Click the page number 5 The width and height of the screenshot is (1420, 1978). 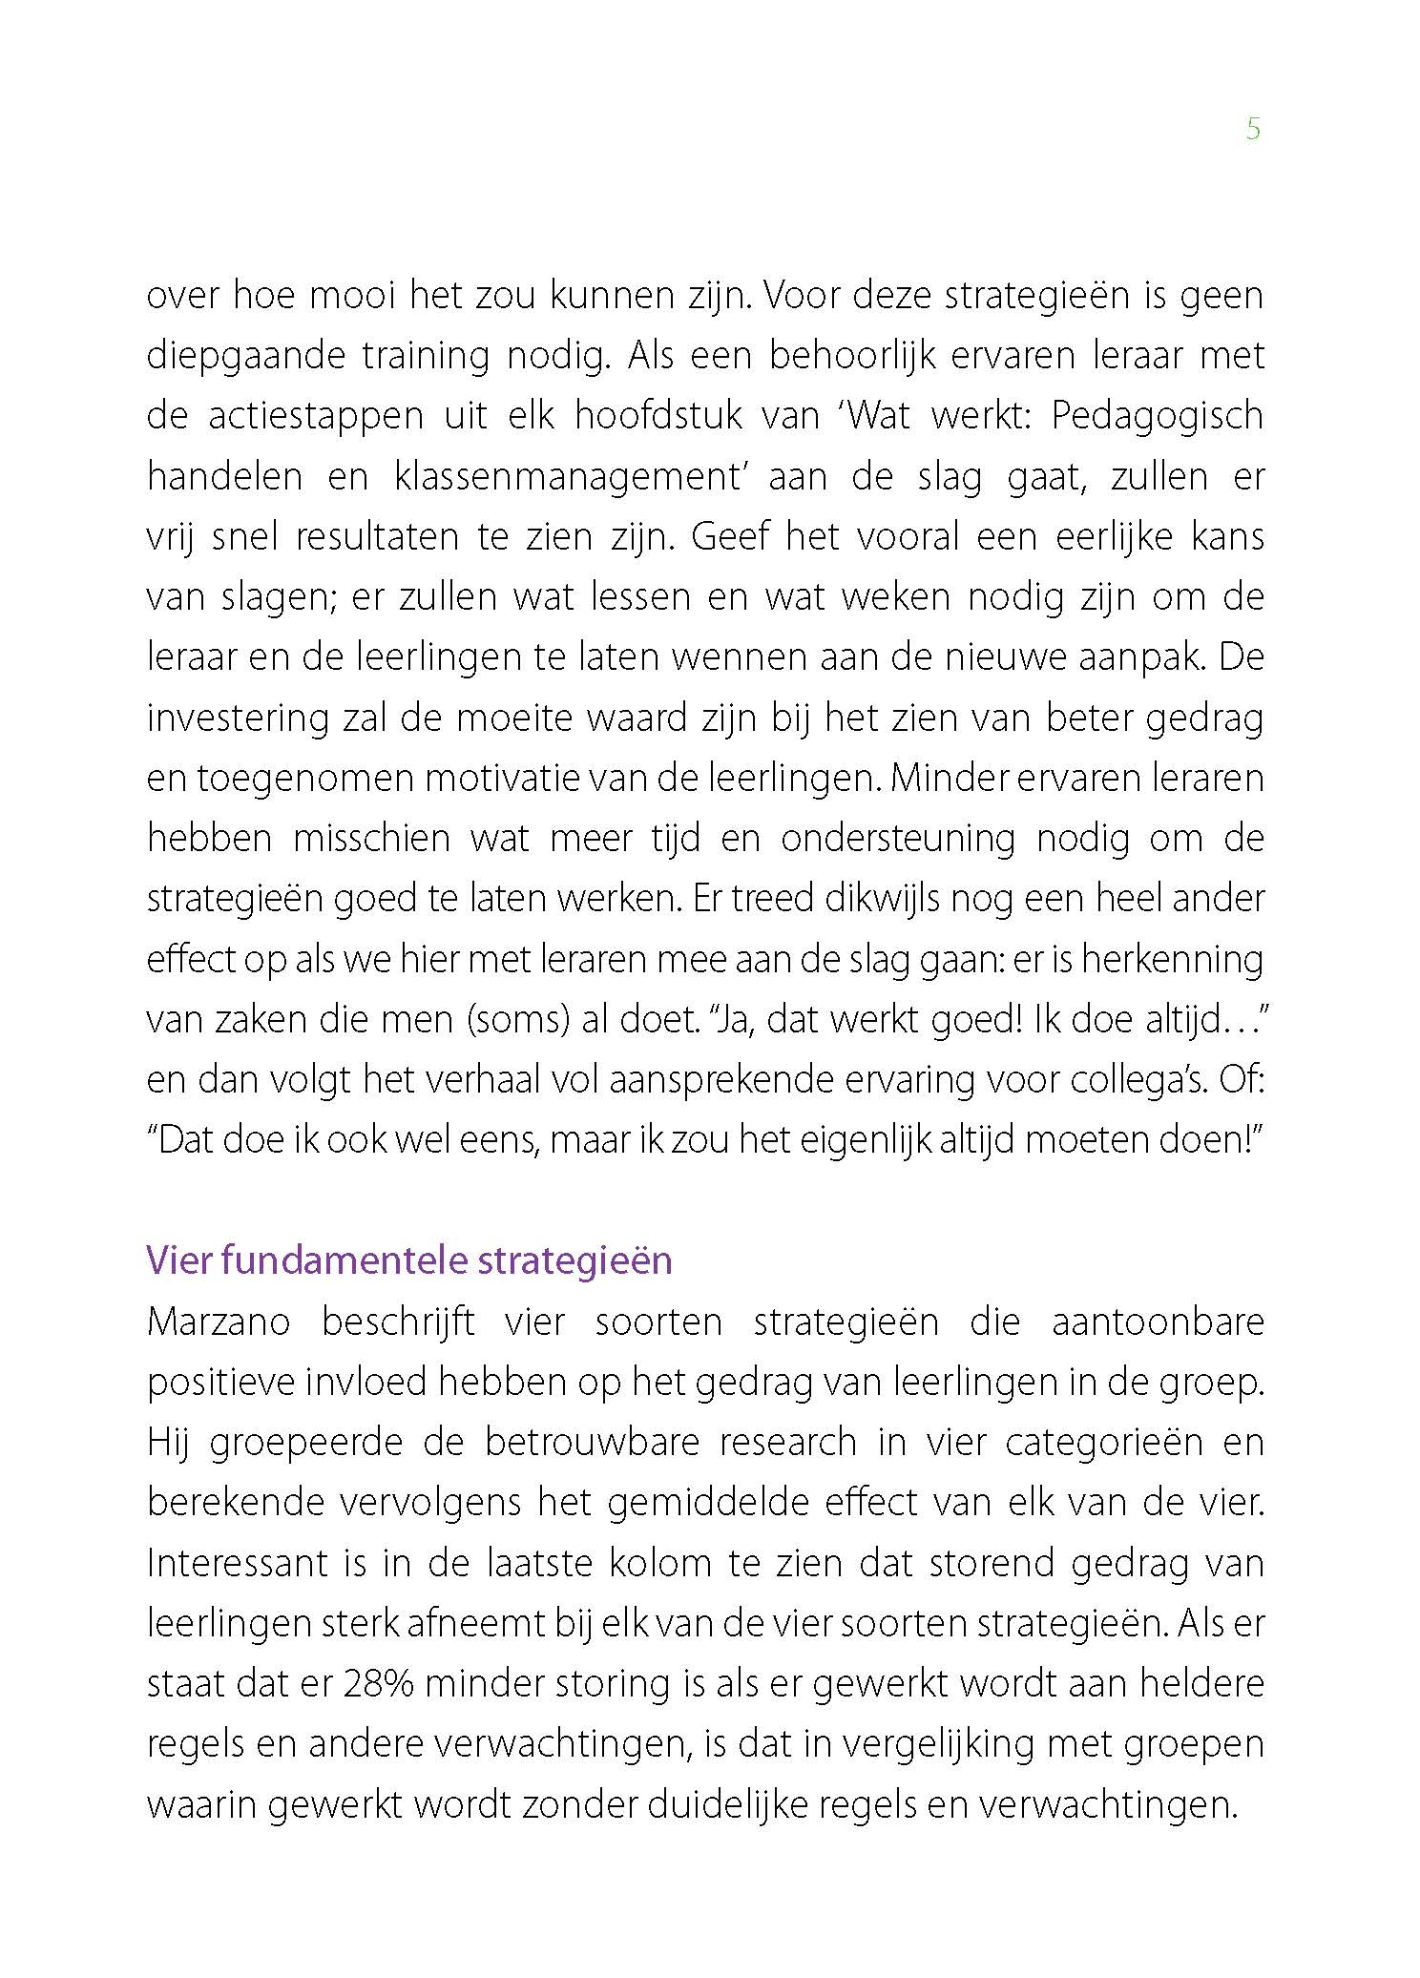tap(1253, 130)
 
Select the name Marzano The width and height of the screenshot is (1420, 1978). tap(219, 1322)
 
